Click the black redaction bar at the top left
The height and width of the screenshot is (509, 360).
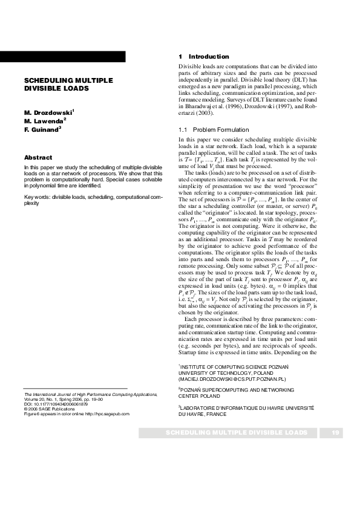63,56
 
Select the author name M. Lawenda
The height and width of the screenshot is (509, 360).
44,121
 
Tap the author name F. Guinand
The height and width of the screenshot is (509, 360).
42,129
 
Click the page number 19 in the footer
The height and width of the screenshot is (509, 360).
336,433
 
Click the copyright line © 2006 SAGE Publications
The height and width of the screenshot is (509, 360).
53,409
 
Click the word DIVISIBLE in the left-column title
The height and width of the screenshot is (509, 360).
42,88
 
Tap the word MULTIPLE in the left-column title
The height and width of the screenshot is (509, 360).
89,80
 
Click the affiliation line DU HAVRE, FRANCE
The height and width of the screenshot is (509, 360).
203,415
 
